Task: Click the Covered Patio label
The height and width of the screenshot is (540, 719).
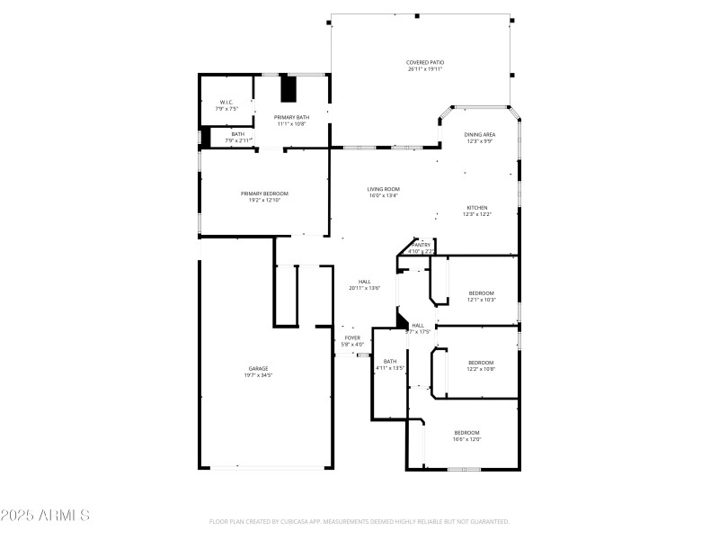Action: tap(425, 62)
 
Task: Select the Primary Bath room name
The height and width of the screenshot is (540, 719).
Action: tap(292, 117)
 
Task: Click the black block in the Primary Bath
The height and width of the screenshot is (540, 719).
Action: tap(289, 90)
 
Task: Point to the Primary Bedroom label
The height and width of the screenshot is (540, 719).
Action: tap(264, 193)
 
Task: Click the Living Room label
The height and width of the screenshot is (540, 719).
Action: tap(384, 189)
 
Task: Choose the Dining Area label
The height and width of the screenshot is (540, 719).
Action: tap(480, 134)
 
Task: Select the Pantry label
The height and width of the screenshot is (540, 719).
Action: tap(421, 245)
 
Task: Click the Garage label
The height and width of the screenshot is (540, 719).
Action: tap(259, 368)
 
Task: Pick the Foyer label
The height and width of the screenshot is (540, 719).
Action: tap(352, 337)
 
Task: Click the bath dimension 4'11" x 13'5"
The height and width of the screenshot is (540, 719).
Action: tap(390, 368)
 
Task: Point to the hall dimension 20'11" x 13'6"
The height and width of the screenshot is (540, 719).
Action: tap(365, 288)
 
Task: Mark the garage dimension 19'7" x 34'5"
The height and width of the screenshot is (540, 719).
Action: tap(259, 374)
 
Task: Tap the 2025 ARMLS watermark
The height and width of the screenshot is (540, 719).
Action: tap(45, 516)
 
